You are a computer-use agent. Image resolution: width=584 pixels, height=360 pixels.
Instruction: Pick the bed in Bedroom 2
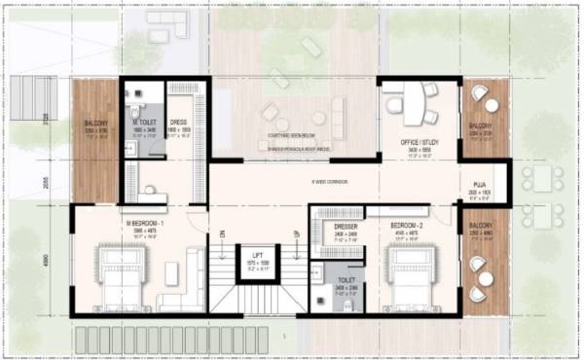408,275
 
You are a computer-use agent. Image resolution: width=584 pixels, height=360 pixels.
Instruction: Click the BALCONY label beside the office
481,127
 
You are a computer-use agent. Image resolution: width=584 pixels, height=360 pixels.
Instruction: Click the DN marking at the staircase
223,234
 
